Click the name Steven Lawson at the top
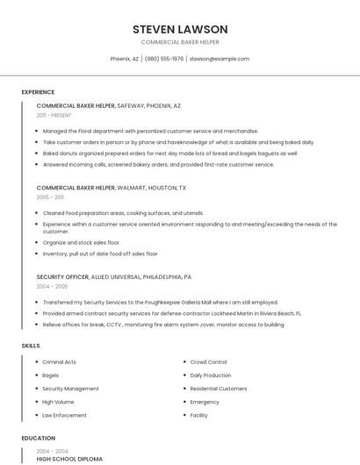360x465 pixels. coord(180,29)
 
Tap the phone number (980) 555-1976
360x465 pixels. coord(164,59)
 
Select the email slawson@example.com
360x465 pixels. coord(220,59)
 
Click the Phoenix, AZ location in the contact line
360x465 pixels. coord(124,59)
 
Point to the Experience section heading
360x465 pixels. coord(38,92)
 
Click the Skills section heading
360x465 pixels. coord(31,346)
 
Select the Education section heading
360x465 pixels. coord(38,438)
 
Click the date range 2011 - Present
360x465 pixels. coord(54,115)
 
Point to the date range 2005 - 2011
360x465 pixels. coord(50,197)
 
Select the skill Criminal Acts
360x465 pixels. coord(59,361)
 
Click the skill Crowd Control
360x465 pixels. coord(208,361)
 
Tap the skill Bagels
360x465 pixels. coord(52,375)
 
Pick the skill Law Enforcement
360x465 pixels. coord(64,415)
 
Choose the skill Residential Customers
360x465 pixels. coord(219,389)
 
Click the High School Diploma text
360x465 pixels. coord(69,459)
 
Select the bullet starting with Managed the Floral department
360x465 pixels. coord(150,131)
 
